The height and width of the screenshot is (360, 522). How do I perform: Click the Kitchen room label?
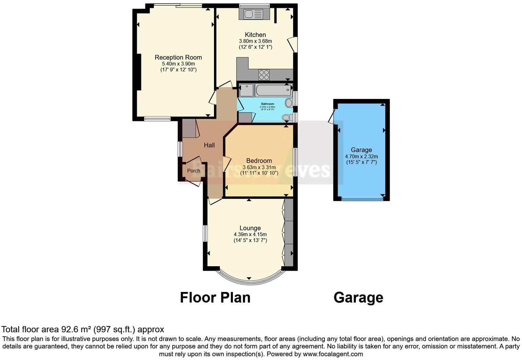(x=255, y=35)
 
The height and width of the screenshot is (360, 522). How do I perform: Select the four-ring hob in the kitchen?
(x=264, y=75)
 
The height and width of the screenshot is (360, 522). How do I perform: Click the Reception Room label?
(x=178, y=57)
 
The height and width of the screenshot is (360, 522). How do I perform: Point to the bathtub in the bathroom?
(x=273, y=90)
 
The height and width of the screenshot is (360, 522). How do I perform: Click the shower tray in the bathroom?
(x=246, y=90)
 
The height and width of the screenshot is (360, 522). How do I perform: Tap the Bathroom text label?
(x=268, y=104)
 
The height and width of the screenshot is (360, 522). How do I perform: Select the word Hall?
(x=209, y=145)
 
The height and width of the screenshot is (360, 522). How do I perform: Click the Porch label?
(x=193, y=171)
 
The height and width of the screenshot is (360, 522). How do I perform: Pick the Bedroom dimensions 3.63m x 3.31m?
(x=259, y=167)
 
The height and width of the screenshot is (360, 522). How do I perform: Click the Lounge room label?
(x=250, y=228)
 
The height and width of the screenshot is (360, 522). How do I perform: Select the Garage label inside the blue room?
(x=361, y=150)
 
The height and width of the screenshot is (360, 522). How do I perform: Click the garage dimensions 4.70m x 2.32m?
(x=361, y=156)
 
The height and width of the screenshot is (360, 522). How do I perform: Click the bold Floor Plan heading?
(x=215, y=297)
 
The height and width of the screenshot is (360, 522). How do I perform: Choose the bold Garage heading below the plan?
(x=358, y=297)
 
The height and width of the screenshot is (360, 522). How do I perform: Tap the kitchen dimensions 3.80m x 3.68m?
(x=255, y=41)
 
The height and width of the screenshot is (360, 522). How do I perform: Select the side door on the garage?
(x=331, y=117)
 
